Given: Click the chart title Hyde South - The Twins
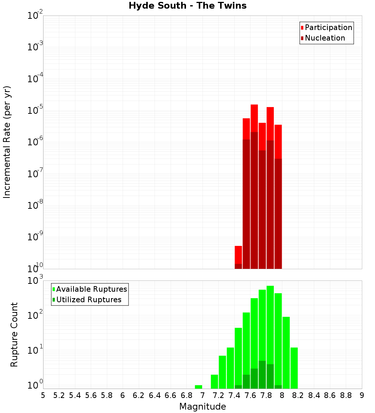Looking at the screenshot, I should click(187, 6).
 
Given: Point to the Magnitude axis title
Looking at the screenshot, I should click(202, 407).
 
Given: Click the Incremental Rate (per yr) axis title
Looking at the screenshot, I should click(7, 142).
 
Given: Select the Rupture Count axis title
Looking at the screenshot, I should click(14, 335).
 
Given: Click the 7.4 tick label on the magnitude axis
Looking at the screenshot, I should click(234, 395).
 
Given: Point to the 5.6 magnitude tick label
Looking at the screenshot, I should click(91, 395).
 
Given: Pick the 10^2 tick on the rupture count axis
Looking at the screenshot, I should click(36, 315).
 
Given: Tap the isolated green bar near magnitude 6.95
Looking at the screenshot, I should click(198, 387).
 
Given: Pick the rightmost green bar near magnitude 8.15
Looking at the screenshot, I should click(294, 368).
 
